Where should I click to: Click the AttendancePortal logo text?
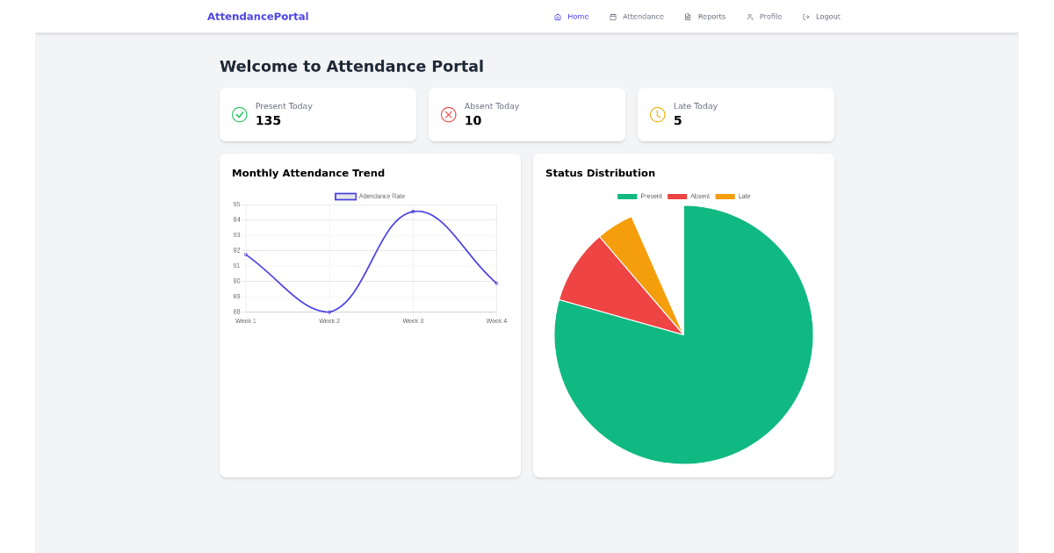(257, 17)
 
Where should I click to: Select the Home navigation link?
(572, 17)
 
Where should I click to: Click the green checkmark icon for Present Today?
(239, 114)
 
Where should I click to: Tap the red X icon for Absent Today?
(448, 114)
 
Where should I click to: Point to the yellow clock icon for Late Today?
(657, 114)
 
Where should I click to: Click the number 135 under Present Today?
(268, 121)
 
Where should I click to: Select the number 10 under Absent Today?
(473, 121)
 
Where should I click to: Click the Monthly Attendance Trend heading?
(307, 173)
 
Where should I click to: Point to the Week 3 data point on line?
(413, 212)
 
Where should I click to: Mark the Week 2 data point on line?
(329, 312)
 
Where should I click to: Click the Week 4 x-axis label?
(496, 321)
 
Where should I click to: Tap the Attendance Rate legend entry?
(371, 197)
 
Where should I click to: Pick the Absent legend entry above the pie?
(689, 197)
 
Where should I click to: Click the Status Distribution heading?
(600, 173)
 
